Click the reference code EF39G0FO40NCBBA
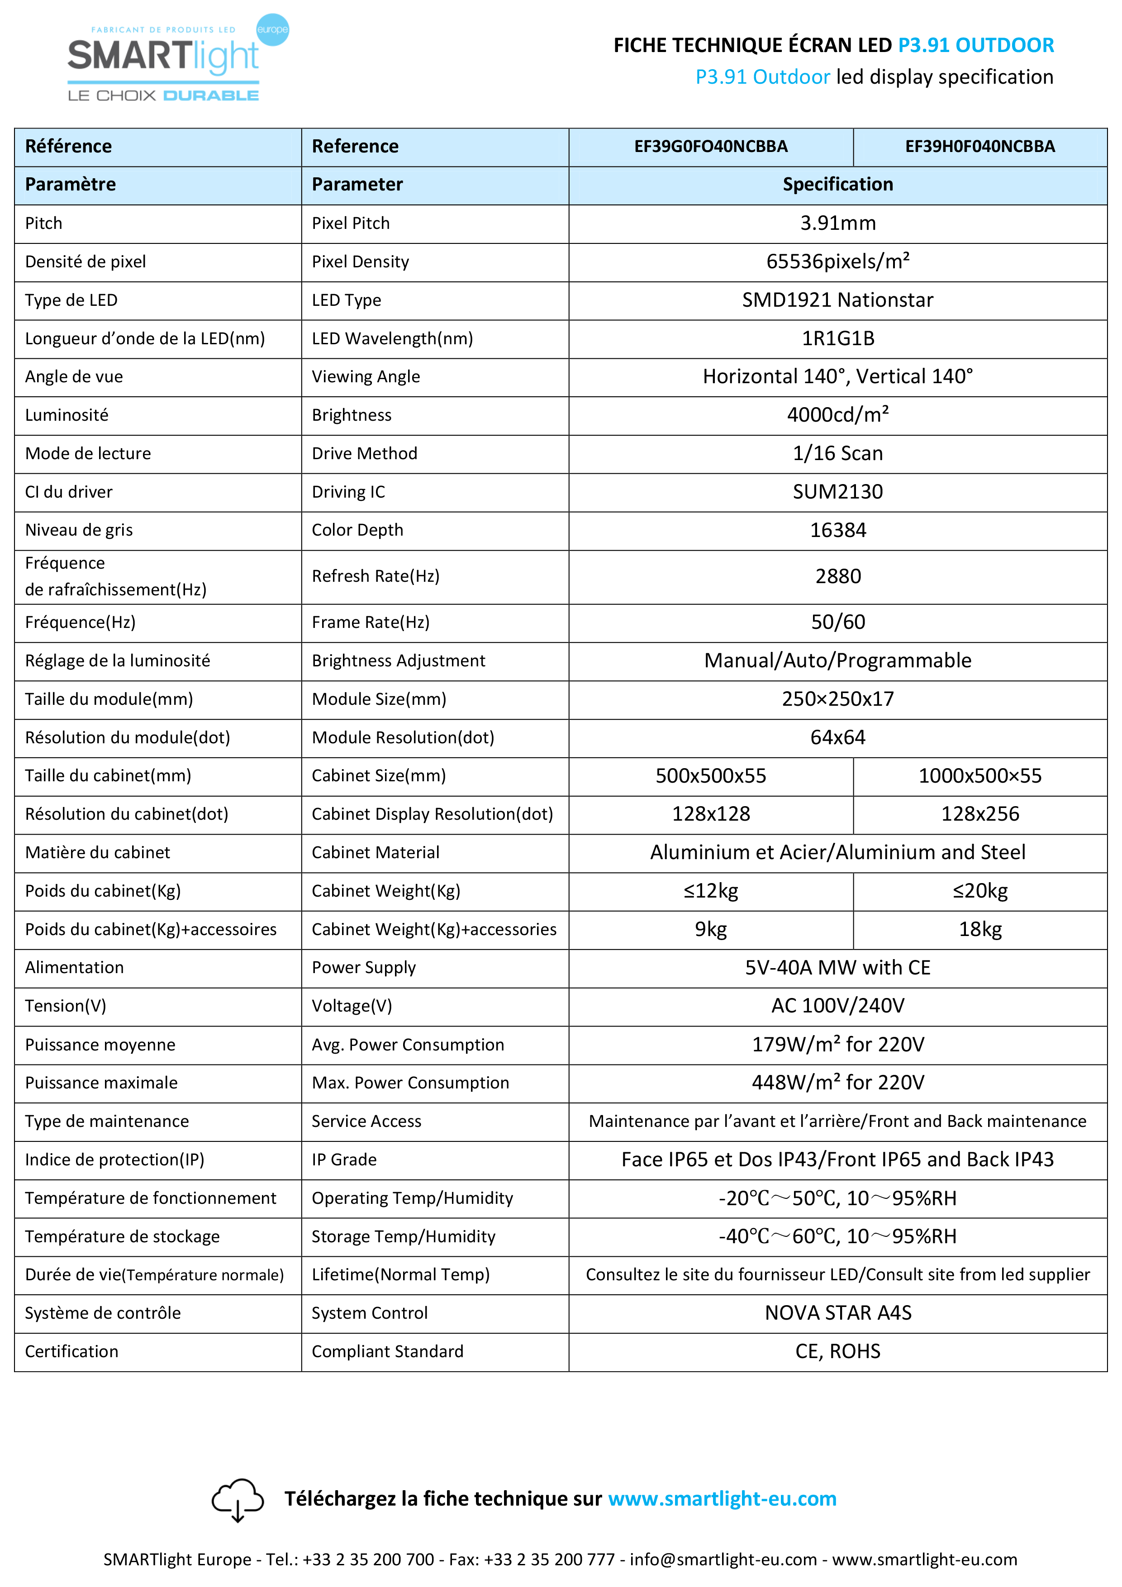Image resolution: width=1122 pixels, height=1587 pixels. (711, 147)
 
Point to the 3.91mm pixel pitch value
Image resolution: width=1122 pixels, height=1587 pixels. (838, 223)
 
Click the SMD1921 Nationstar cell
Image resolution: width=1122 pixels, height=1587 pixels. (838, 300)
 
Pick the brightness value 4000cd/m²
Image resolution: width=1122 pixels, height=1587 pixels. (838, 415)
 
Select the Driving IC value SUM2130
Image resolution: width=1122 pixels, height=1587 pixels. (838, 491)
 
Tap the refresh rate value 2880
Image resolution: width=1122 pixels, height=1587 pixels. (838, 576)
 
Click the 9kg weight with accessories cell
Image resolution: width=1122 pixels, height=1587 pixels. (711, 929)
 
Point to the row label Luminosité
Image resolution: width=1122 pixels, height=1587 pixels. (67, 415)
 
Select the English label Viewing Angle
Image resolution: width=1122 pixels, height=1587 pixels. (366, 377)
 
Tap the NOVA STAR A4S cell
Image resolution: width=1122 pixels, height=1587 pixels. (838, 1312)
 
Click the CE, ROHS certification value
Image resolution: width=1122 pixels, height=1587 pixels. (838, 1351)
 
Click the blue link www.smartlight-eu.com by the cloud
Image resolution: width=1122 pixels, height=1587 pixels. (723, 1498)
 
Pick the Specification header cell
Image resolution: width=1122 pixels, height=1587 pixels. (838, 185)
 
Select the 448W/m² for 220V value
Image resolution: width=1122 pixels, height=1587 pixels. (838, 1083)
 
